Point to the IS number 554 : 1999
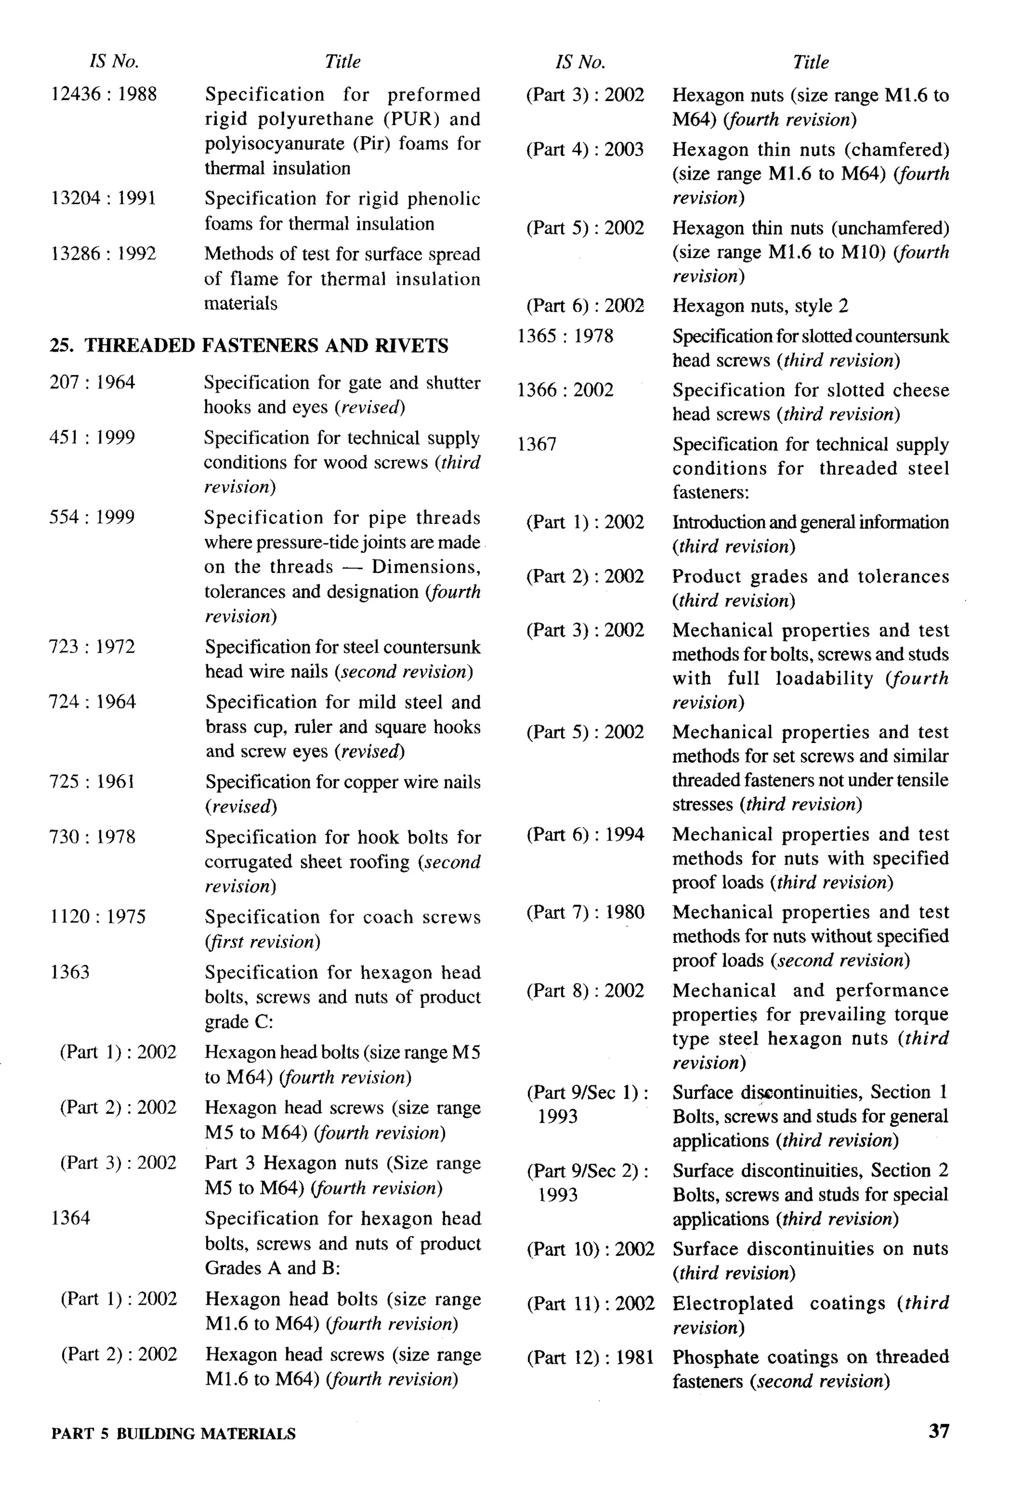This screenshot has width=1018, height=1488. click(x=91, y=517)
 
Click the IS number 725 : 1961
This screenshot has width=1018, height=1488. click(x=91, y=781)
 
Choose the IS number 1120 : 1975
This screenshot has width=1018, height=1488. click(x=97, y=916)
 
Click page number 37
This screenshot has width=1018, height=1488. click(x=938, y=1431)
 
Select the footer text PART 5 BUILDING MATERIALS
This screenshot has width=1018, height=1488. click(x=173, y=1433)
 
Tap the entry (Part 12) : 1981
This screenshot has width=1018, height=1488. click(x=590, y=1357)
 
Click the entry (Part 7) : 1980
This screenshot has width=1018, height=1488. click(x=585, y=912)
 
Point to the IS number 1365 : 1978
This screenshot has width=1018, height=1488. click(x=565, y=335)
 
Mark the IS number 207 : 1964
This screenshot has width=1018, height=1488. click(x=91, y=382)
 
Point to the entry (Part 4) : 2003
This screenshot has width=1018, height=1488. click(x=585, y=149)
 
